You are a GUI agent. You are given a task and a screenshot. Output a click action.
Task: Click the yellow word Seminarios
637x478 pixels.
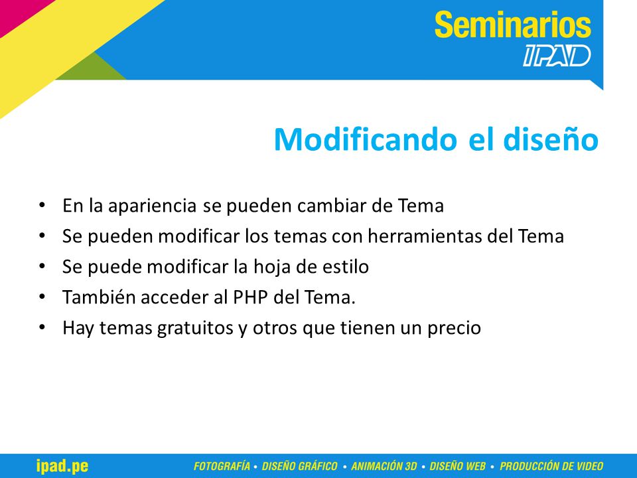[x=513, y=25]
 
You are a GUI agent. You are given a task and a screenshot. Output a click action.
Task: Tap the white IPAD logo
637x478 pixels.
[x=557, y=56]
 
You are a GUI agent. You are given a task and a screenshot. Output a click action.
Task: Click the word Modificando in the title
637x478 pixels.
[x=366, y=139]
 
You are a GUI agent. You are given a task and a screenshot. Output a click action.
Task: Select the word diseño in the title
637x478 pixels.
[x=551, y=139]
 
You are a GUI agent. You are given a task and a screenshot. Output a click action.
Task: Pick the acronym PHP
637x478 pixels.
[x=250, y=297]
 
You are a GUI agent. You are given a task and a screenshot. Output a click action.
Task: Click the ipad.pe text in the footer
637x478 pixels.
[x=62, y=466]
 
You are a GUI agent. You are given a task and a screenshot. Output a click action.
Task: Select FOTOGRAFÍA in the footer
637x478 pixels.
[x=222, y=466]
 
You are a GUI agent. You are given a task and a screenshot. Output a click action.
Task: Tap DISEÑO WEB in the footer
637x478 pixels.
[x=457, y=466]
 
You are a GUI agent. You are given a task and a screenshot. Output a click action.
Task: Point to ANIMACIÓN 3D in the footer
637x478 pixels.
[x=384, y=466]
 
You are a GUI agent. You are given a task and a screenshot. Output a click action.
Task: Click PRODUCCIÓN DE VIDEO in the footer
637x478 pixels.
[x=551, y=466]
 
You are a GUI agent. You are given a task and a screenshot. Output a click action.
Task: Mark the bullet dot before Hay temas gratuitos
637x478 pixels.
[x=42, y=327]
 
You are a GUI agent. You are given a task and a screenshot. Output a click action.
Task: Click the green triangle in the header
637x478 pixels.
[x=92, y=68]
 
